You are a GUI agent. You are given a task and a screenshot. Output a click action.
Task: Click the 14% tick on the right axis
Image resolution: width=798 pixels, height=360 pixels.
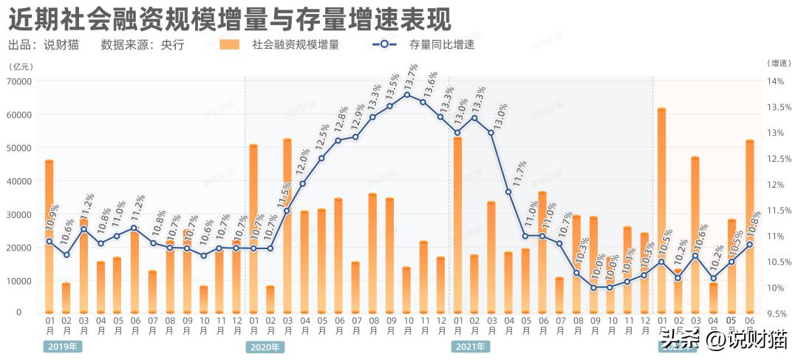tap(779, 81)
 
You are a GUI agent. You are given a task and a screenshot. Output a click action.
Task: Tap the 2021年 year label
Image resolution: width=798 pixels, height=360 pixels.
tap(469, 346)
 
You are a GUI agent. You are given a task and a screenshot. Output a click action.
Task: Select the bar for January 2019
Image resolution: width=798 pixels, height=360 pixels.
tap(50, 237)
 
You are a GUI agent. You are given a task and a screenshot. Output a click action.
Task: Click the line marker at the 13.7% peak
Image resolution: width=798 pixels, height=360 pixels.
tap(407, 95)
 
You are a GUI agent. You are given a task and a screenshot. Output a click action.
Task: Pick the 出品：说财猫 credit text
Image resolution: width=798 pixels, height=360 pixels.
tap(44, 45)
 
